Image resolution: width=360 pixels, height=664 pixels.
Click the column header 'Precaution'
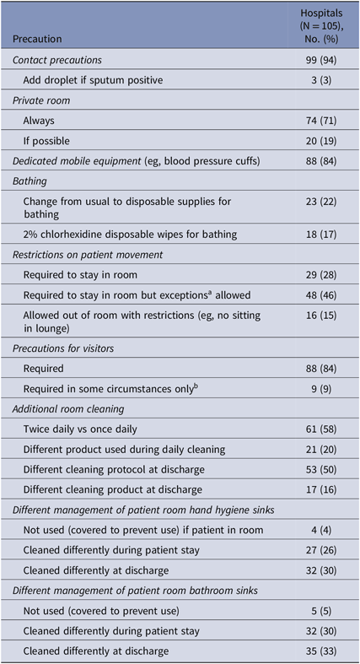pyautogui.click(x=43, y=38)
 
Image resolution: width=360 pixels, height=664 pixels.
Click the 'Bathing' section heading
pyautogui.click(x=33, y=181)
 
